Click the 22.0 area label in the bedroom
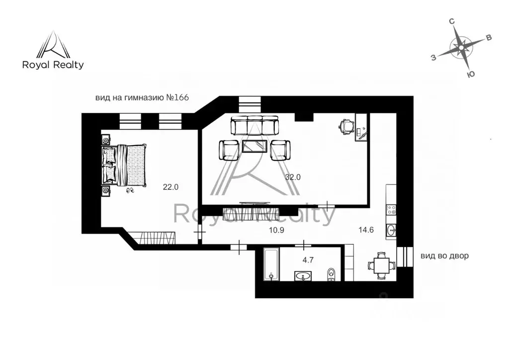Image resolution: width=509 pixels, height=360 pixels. pyautogui.click(x=170, y=187)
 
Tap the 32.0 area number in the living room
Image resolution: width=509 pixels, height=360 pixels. pyautogui.click(x=294, y=177)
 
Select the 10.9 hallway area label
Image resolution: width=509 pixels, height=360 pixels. pyautogui.click(x=277, y=230)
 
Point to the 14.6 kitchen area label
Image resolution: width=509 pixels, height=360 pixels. pyautogui.click(x=366, y=230)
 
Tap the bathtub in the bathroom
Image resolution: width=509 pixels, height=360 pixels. pyautogui.click(x=270, y=264)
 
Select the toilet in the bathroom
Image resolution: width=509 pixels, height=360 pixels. pyautogui.click(x=332, y=274)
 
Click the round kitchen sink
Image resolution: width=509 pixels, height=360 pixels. pyautogui.click(x=391, y=229)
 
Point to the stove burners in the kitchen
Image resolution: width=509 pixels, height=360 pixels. pyautogui.click(x=391, y=209)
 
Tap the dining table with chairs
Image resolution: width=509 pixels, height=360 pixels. pyautogui.click(x=381, y=265)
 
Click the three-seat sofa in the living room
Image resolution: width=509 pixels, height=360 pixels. pyautogui.click(x=255, y=126)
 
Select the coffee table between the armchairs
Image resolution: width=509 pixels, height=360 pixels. pyautogui.click(x=255, y=148)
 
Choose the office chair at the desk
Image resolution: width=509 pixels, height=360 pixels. pyautogui.click(x=346, y=126)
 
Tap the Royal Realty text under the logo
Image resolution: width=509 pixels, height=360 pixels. pyautogui.click(x=53, y=65)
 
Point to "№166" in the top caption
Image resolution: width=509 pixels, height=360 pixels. pyautogui.click(x=177, y=97)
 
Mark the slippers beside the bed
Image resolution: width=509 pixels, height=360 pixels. pyautogui.click(x=130, y=190)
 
